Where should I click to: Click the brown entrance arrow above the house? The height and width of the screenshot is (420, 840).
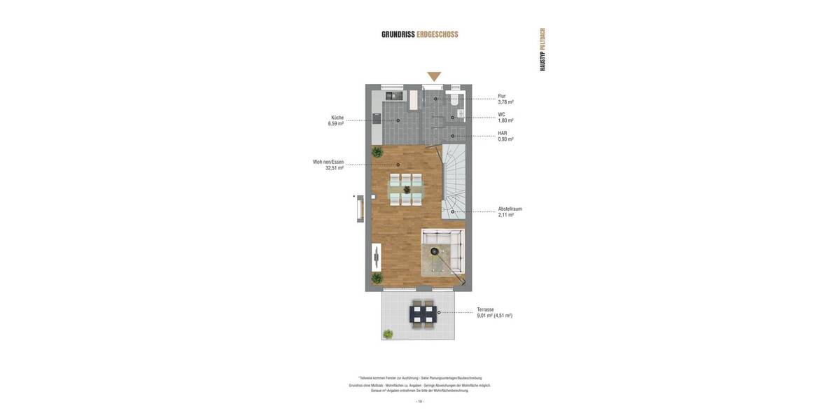(x=434, y=76)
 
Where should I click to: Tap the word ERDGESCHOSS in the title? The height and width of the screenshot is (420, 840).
(x=437, y=34)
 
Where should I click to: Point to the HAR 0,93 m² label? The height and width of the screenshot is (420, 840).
(x=505, y=136)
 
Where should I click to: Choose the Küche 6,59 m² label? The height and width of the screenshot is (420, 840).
(x=336, y=120)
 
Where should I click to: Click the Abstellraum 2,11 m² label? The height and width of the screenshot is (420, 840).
(x=510, y=211)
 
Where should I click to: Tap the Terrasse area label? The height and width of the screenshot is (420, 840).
(x=494, y=312)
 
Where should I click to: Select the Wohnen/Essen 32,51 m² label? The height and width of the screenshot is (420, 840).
(x=328, y=164)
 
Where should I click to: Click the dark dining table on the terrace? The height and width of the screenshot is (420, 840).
(x=423, y=314)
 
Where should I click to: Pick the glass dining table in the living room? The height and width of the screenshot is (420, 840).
(x=406, y=189)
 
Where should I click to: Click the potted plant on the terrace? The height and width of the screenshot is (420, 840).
(x=388, y=334)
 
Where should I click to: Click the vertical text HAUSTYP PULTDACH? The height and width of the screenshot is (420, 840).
(x=542, y=49)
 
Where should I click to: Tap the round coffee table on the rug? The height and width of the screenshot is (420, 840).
(x=435, y=251)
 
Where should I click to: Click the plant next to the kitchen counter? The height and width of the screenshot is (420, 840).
(x=377, y=152)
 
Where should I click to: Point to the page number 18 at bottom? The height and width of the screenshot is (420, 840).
(x=420, y=402)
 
